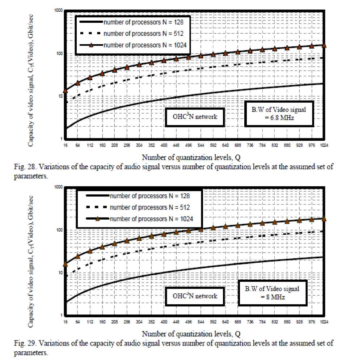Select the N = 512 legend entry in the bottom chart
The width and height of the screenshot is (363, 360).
149,207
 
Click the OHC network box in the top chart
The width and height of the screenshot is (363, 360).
194,117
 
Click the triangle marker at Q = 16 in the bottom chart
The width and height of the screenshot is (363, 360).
66,264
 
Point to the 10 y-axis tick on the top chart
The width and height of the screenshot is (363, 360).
60,96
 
